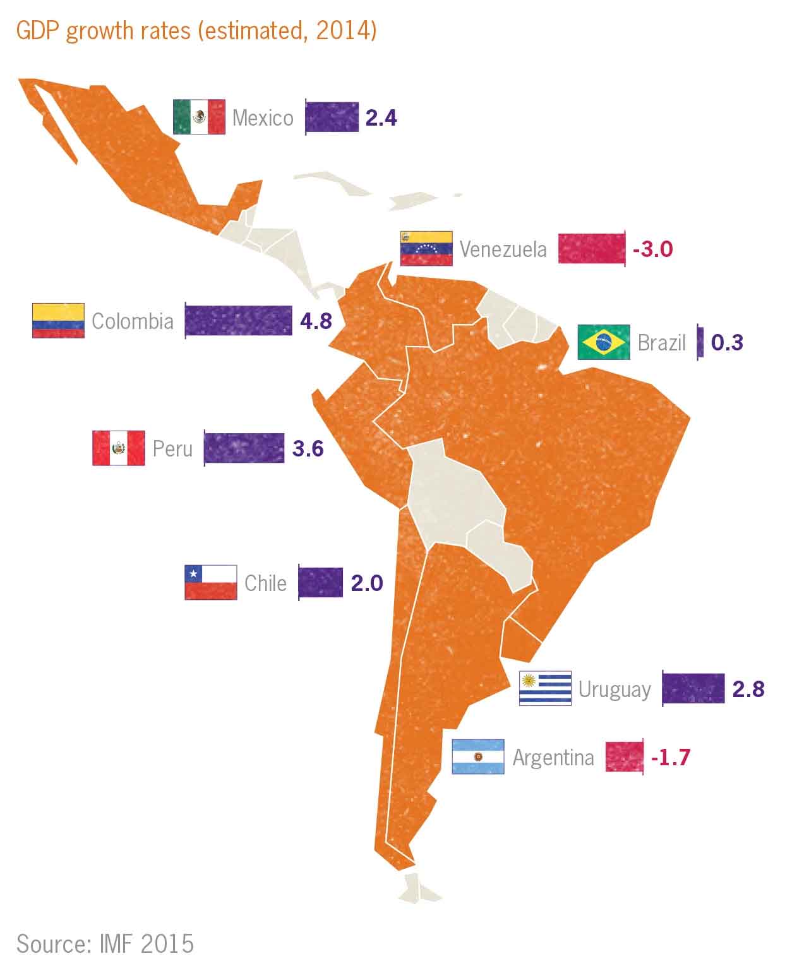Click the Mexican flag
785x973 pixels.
point(199,117)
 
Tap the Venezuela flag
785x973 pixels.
point(426,248)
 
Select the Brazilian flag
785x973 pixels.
point(604,342)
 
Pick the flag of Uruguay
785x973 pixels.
point(545,688)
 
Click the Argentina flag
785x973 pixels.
point(478,756)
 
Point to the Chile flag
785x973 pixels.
point(211,582)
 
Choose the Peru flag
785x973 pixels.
point(119,448)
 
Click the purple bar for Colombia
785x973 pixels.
point(239,321)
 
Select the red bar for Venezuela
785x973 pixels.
point(592,248)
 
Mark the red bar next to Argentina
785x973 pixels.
point(625,756)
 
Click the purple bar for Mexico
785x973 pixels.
point(332,117)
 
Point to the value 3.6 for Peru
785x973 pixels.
point(308,448)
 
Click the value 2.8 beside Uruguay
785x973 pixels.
point(748,688)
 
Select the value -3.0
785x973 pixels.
point(653,248)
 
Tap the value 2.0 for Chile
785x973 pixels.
point(367,582)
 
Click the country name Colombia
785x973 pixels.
point(133,321)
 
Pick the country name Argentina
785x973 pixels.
point(553,756)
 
